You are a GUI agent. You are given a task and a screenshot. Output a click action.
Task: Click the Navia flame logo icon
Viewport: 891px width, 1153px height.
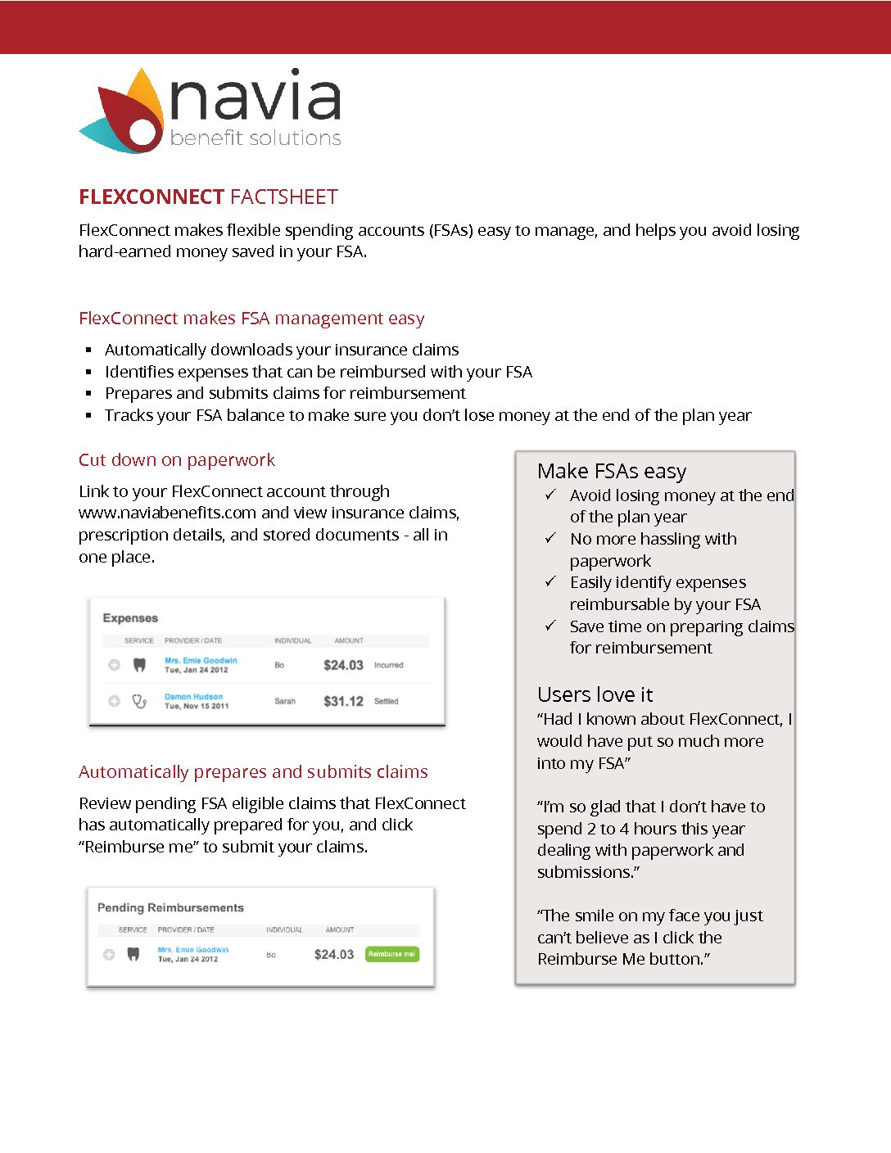[123, 113]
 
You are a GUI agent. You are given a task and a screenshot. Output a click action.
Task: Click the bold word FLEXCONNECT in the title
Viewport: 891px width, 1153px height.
[152, 197]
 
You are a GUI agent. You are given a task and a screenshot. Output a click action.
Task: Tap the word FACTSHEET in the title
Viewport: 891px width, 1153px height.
[284, 197]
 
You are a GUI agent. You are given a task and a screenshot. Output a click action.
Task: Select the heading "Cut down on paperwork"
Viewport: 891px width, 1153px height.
[177, 460]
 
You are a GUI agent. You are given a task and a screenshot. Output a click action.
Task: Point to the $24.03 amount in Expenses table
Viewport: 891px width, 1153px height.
[343, 665]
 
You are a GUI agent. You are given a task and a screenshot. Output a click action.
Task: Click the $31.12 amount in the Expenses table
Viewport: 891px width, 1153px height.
[343, 701]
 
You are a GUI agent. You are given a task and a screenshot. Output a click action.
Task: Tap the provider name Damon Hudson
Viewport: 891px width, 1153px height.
[193, 697]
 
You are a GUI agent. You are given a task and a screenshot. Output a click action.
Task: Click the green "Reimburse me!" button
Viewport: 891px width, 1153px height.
[391, 954]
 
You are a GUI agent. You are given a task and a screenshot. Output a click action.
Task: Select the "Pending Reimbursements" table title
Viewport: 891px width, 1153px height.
[170, 907]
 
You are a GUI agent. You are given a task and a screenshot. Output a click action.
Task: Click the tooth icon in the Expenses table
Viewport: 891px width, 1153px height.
[139, 665]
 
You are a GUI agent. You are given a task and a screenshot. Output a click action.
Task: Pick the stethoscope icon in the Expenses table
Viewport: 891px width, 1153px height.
[139, 701]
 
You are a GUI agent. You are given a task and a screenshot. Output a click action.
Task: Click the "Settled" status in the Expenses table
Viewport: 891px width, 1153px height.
[386, 701]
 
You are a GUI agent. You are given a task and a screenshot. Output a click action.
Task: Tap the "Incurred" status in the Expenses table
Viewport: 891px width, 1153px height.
[388, 665]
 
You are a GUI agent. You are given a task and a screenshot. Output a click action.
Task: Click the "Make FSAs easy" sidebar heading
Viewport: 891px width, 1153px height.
[612, 472]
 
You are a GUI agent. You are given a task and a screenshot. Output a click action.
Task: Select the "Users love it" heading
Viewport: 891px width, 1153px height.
[595, 695]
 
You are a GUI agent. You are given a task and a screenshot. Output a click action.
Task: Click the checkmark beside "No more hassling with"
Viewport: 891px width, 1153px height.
[550, 538]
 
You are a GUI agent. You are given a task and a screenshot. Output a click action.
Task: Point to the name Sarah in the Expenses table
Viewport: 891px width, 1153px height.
[284, 701]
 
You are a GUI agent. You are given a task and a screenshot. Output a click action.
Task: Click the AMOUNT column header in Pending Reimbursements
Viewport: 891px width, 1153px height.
[340, 929]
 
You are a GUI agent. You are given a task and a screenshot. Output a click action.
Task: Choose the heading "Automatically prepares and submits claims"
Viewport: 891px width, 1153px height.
[253, 772]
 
